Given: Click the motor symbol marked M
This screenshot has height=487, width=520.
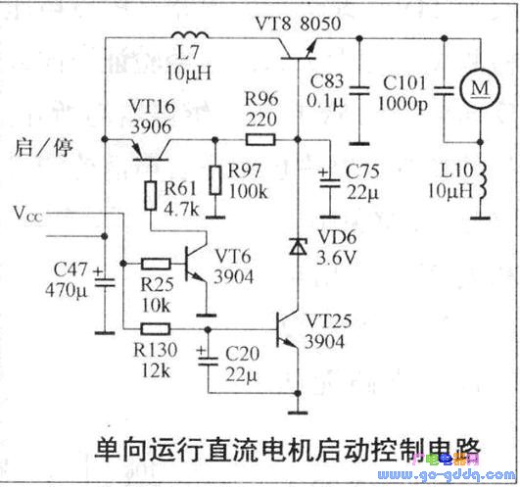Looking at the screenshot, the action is [480, 88].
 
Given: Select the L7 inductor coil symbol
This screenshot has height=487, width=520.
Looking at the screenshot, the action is [190, 35].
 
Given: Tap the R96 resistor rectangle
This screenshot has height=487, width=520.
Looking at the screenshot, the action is [260, 140].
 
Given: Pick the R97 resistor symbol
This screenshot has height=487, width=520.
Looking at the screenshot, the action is [215, 180].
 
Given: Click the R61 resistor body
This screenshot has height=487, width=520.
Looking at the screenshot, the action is [151, 195].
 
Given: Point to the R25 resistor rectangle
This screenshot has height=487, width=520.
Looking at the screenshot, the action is [156, 264].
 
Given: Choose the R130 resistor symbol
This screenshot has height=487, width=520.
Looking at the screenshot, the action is [156, 329].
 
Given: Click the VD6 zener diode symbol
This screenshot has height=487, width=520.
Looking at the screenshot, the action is [298, 247].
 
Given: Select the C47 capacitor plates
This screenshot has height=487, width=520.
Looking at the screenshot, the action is [105, 282].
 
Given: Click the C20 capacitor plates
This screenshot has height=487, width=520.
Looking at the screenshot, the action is [208, 361].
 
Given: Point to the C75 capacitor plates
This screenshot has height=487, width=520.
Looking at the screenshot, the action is [330, 182].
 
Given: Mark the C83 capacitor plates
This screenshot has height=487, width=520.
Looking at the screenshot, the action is [359, 90].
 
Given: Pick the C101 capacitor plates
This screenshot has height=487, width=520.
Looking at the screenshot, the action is [444, 90].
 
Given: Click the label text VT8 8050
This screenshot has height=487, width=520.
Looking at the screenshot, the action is [298, 24].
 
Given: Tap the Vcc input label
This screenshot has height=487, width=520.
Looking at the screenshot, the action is [28, 214].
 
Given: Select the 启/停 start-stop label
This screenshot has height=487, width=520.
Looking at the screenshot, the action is [43, 148].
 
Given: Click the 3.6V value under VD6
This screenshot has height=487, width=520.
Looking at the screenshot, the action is [337, 257].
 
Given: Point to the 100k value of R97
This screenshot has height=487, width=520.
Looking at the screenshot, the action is [248, 191].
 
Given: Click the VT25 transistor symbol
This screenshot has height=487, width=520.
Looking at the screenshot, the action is [288, 329].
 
